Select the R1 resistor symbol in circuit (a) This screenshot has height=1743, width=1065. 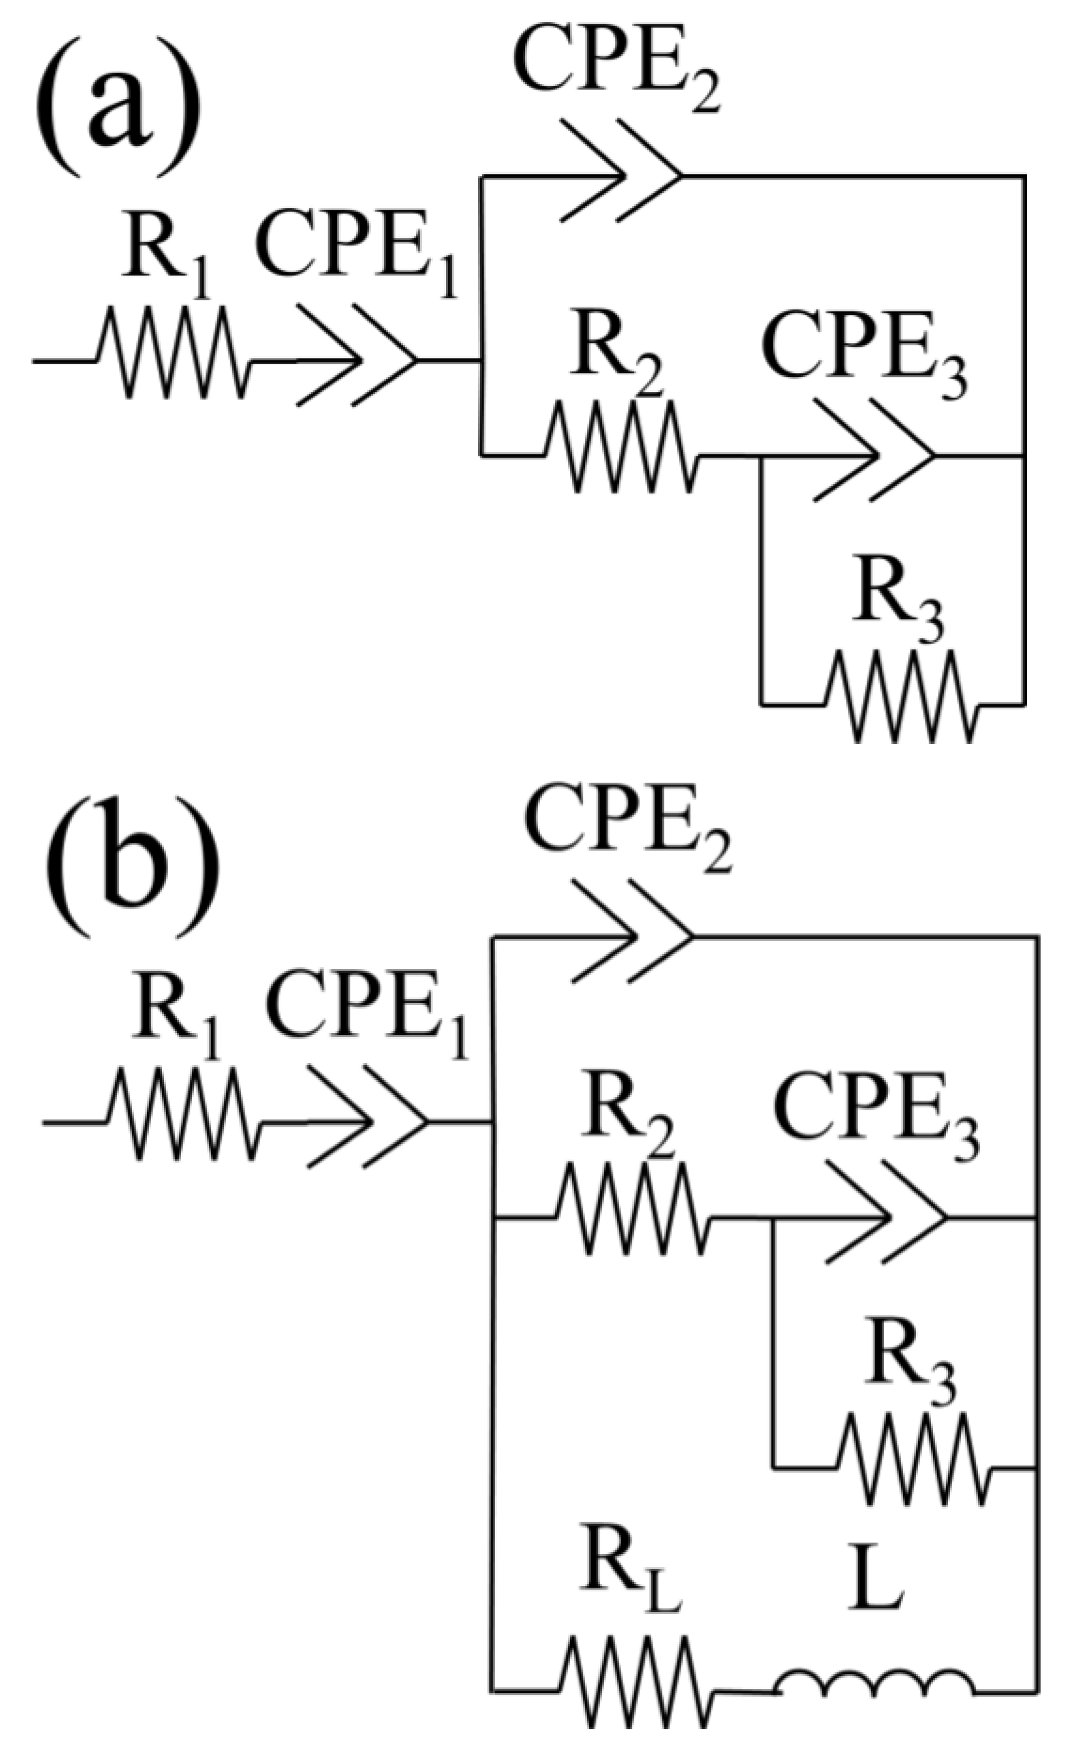174,352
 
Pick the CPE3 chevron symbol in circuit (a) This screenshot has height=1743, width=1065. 874,451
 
